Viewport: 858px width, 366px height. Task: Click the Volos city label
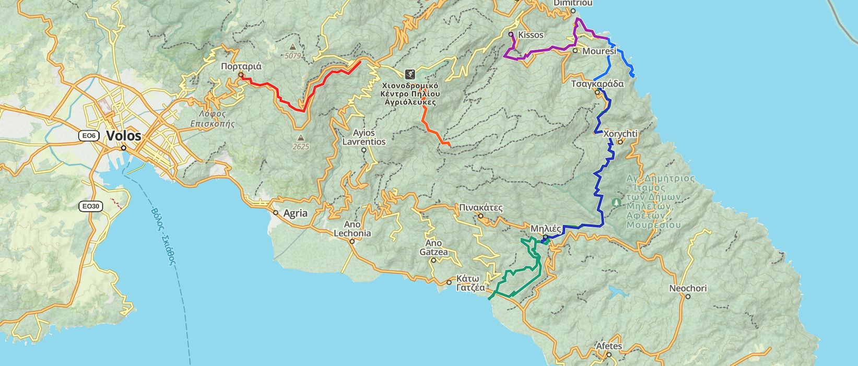(123, 136)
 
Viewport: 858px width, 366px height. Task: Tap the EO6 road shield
(89, 136)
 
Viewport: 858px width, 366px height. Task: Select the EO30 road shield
(90, 206)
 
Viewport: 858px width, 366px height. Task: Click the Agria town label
(295, 214)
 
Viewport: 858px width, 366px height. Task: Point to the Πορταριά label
(241, 67)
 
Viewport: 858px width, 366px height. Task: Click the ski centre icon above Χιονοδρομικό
(410, 74)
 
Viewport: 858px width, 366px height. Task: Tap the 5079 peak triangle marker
(293, 48)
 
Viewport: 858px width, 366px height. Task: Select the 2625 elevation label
(301, 147)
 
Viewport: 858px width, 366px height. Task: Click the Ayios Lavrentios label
(363, 137)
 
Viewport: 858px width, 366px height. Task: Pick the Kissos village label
(531, 35)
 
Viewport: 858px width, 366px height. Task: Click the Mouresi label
(599, 51)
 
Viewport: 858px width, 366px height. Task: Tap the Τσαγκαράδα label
(597, 84)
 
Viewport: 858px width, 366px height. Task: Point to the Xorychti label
(620, 134)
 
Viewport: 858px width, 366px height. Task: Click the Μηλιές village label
(546, 229)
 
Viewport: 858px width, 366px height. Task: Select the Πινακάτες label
(480, 208)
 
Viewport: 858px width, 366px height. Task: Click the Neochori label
(688, 288)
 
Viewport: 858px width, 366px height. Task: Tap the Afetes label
(609, 346)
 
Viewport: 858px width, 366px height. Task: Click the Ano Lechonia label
(352, 229)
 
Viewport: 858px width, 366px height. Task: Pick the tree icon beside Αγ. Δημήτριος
(617, 202)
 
